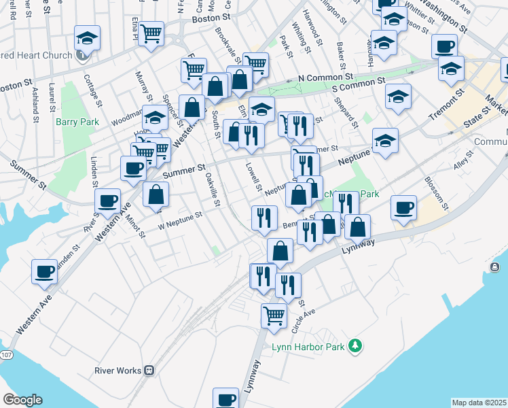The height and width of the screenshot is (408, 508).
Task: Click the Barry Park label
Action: point(77,122)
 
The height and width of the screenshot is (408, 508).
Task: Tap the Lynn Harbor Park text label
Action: point(309,347)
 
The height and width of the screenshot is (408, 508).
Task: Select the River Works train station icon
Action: point(148,371)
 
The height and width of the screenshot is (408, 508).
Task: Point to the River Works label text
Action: point(117,371)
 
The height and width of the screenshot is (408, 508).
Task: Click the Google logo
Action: point(22,400)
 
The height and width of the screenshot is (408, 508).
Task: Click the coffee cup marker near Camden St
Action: point(45,271)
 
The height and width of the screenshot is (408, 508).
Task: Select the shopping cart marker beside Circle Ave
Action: point(274,315)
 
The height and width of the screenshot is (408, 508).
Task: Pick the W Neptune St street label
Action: point(180,219)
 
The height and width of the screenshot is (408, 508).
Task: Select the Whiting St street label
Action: point(302,37)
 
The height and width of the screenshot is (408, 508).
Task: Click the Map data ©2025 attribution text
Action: point(479,403)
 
